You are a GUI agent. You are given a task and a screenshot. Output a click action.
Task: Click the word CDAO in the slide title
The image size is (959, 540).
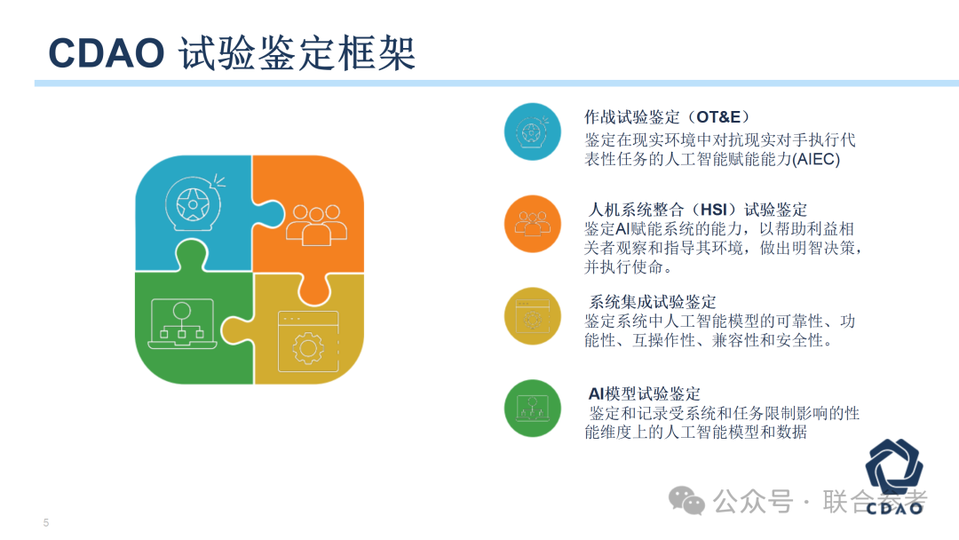click(107, 53)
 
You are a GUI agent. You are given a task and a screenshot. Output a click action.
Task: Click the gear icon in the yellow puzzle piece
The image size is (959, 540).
click(308, 348)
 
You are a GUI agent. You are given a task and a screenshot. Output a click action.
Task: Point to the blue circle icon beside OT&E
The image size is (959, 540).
click(532, 131)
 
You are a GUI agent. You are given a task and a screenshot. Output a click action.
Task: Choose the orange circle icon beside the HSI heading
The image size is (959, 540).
click(532, 224)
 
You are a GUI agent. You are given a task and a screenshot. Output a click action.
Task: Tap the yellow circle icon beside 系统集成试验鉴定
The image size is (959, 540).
click(532, 316)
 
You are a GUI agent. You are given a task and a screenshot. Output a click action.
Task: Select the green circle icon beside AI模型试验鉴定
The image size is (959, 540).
click(532, 409)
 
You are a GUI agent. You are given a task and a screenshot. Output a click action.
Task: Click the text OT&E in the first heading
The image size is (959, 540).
click(718, 117)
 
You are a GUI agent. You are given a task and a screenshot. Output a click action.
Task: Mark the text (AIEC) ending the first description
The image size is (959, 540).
click(816, 159)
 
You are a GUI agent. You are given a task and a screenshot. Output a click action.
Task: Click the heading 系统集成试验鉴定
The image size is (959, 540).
click(652, 301)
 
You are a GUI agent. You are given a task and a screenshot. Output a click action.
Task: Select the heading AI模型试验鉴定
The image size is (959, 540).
click(644, 393)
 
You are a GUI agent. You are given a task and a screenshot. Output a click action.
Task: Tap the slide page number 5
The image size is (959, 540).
click(46, 523)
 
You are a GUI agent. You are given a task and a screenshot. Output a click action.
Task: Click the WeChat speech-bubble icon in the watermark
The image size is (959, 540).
click(686, 500)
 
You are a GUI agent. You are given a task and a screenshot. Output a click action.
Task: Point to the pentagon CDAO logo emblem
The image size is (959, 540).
click(894, 469)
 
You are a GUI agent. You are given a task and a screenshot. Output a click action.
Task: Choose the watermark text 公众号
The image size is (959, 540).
click(753, 502)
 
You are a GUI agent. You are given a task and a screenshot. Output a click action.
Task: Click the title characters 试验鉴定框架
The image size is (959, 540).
click(297, 53)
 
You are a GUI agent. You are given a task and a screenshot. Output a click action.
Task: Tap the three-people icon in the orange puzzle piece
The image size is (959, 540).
click(316, 225)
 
